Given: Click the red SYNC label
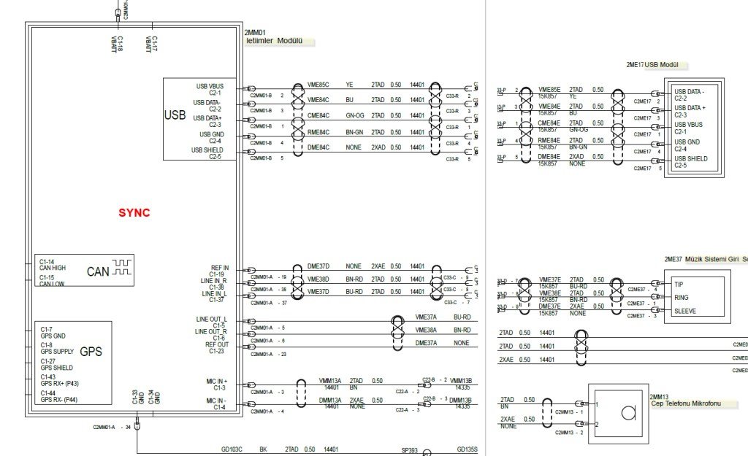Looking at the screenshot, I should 134,213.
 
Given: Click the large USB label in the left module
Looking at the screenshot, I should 176,115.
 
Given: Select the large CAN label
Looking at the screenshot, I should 98,272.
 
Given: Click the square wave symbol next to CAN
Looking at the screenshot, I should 122,267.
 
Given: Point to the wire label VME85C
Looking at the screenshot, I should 318,85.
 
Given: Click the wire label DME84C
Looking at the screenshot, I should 318,147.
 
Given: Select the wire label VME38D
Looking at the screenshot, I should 318,279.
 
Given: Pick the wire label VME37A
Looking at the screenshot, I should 426,318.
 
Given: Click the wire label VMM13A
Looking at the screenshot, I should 330,381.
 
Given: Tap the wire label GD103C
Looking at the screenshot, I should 232,450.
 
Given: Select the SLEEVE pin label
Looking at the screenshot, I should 685,310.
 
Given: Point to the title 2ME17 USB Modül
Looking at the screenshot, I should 652,65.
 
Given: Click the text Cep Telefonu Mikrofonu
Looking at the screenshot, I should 686,403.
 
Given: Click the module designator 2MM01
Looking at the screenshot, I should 256,33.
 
